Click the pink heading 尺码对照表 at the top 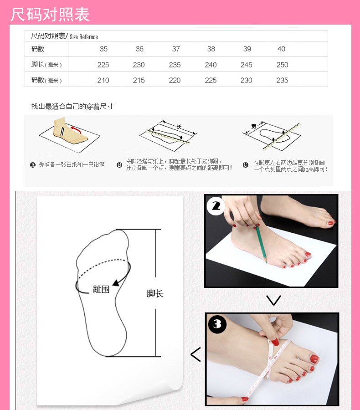(x=50, y=14)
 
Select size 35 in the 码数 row (x=103, y=49)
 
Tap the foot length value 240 (x=211, y=65)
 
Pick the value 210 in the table (x=103, y=80)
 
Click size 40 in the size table (x=281, y=49)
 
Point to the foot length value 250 (x=282, y=65)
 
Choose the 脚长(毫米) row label (x=46, y=65)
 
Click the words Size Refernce (x=84, y=37)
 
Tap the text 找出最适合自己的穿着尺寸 (x=72, y=107)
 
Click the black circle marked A (x=33, y=165)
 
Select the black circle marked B (x=119, y=165)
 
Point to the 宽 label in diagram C (x=254, y=126)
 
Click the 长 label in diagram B (x=179, y=126)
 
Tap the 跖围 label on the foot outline (x=101, y=289)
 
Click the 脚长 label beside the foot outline (x=155, y=293)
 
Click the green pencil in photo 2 (x=261, y=244)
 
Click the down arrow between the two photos (x=273, y=300)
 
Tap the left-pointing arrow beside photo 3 (x=195, y=354)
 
